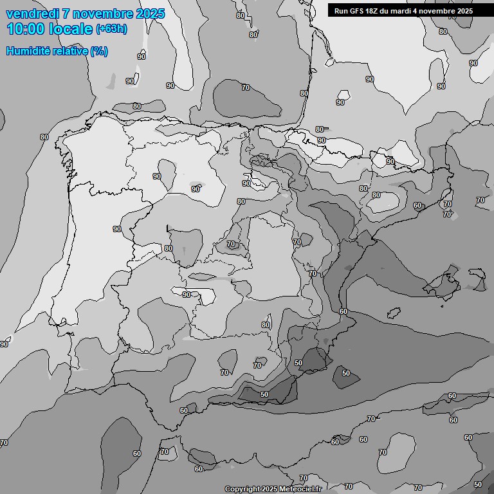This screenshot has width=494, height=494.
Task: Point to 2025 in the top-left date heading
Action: pos(151,14)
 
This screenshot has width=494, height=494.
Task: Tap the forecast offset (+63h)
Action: pos(112,29)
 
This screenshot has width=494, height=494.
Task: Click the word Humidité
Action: pos(28,51)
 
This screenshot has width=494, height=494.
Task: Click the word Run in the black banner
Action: pos(341,11)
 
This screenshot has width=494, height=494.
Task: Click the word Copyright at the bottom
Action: pos(242,489)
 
